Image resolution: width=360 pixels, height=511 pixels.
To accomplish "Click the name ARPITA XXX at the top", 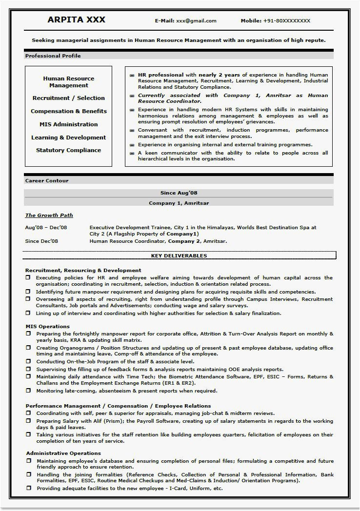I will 76,20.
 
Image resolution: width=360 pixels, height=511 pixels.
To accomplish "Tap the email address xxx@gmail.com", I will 196,21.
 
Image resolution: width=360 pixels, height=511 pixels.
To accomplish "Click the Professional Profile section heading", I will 53,56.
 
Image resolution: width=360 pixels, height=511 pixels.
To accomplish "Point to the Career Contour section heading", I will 47,180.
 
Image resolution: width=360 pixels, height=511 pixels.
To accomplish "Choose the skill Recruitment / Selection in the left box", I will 68,98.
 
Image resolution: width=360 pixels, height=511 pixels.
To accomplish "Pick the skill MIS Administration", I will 68,124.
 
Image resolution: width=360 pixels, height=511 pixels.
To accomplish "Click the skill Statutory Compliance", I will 68,150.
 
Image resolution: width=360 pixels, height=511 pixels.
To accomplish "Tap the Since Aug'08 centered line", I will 179,193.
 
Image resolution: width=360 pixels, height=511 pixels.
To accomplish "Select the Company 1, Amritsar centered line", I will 179,202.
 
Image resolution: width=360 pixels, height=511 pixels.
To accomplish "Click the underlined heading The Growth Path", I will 49,215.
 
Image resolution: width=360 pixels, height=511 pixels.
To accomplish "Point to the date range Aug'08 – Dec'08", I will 46,227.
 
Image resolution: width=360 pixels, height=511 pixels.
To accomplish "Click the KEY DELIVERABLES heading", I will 179,255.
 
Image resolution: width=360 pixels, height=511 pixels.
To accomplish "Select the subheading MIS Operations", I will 47,326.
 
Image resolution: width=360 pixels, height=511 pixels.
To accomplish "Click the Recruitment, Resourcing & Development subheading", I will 83,270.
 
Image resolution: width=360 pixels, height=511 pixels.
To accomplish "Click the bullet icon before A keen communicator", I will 132,153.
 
